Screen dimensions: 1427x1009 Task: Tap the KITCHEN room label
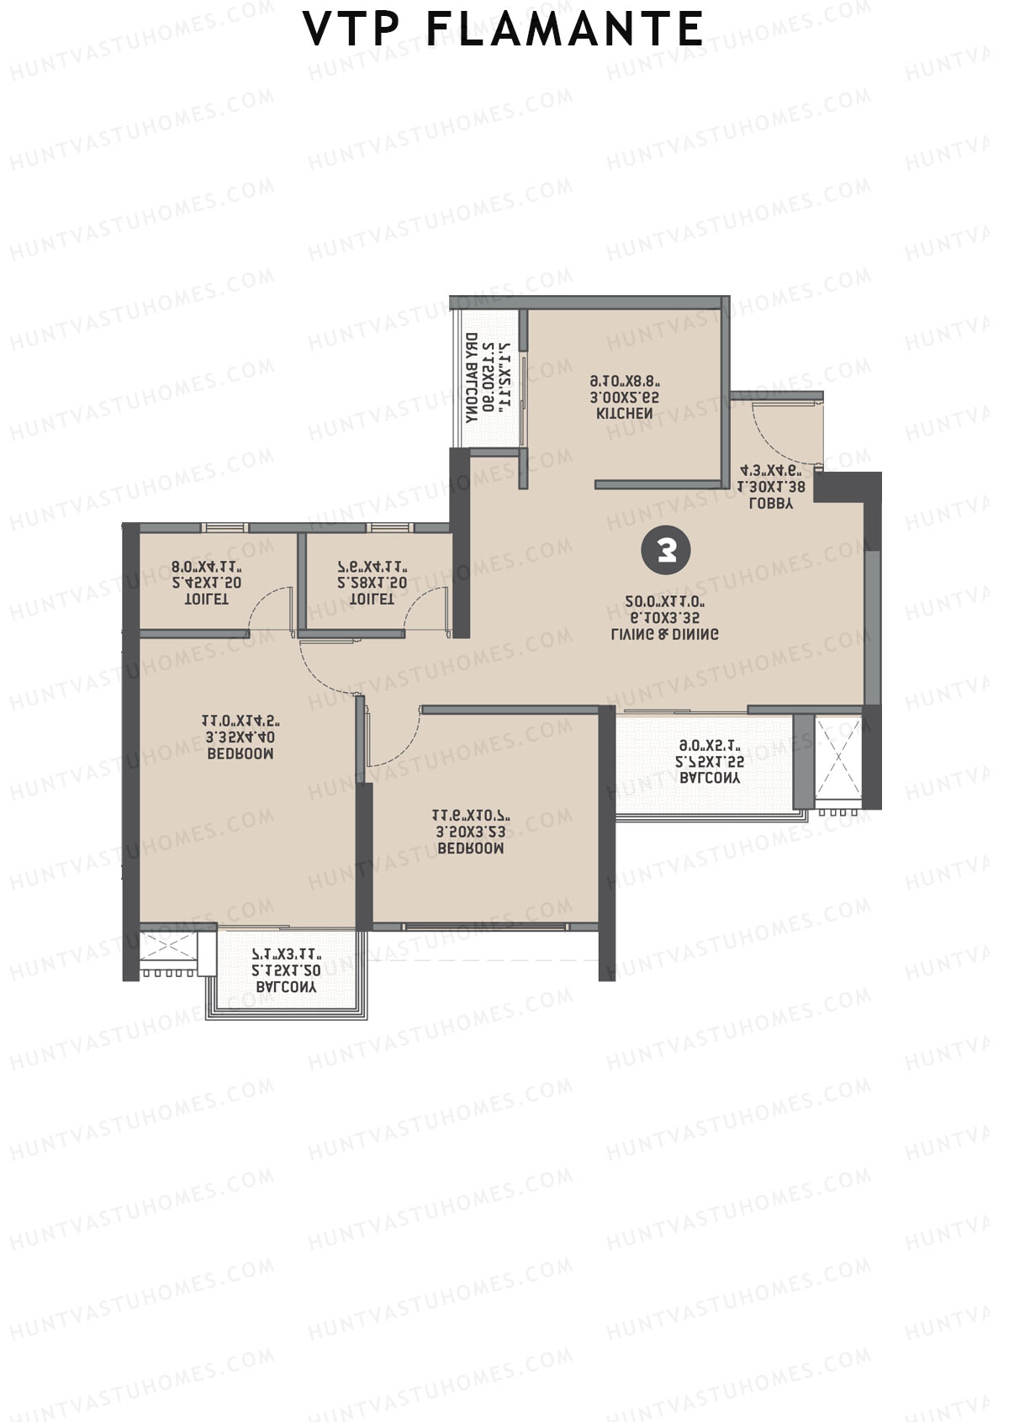[624, 415]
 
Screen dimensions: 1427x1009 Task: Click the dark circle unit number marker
[665, 552]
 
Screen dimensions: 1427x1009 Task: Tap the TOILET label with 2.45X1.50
[206, 600]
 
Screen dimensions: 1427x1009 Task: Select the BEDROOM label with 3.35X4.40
[240, 754]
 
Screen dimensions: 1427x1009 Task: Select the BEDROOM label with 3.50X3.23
[470, 849]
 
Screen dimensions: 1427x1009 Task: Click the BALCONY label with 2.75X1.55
[711, 780]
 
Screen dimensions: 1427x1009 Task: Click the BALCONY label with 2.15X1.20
[286, 988]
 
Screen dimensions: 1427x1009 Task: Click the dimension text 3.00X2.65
[624, 398]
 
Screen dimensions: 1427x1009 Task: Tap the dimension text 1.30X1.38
[771, 487]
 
